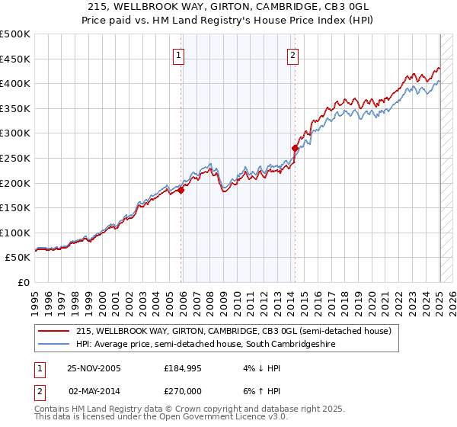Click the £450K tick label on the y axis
point(15,59)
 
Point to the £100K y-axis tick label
point(15,233)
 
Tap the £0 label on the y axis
point(24,282)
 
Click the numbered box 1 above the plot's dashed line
point(179,55)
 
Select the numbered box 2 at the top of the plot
point(293,55)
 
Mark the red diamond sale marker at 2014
point(295,148)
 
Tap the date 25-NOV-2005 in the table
point(94,368)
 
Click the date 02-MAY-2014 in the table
point(94,390)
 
